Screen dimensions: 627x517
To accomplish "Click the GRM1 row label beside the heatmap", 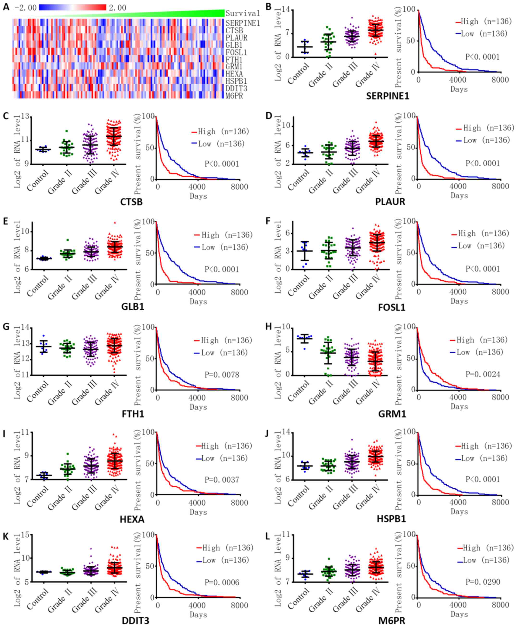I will pyautogui.click(x=234, y=67).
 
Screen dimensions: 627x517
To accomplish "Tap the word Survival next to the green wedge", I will pyautogui.click(x=243, y=13).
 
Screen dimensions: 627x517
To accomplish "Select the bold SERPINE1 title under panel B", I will pyautogui.click(x=387, y=96).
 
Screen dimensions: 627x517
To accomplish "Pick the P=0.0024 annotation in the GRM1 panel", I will pyautogui.click(x=483, y=374).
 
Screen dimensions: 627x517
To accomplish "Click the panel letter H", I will pyautogui.click(x=269, y=326).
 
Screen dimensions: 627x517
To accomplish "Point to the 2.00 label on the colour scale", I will pyautogui.click(x=117, y=8).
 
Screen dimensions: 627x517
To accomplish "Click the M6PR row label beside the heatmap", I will pyautogui.click(x=234, y=96).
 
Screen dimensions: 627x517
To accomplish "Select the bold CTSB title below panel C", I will pyautogui.click(x=131, y=202).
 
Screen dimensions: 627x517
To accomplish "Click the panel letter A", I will pyautogui.click(x=6, y=6).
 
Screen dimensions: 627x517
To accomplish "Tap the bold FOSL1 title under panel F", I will pyautogui.click(x=392, y=307).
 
